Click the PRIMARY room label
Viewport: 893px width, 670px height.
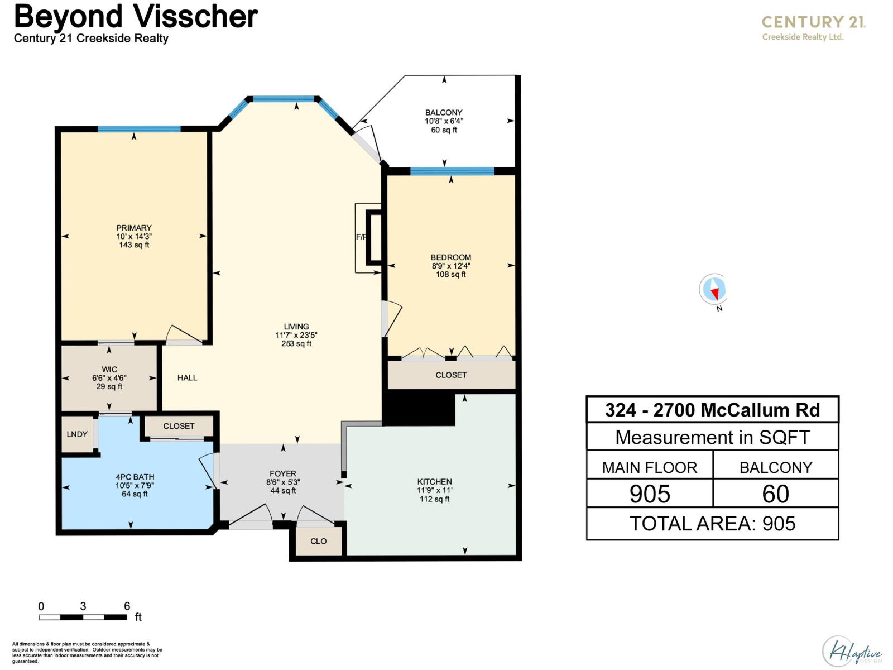[x=133, y=228]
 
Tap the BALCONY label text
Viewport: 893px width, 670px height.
[x=444, y=112]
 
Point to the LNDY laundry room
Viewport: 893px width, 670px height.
[x=77, y=434]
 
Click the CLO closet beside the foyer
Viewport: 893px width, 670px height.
[x=318, y=541]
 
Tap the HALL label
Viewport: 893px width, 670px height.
[x=187, y=377]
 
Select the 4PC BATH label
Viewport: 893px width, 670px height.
[x=135, y=477]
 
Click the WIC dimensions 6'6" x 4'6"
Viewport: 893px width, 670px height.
[x=109, y=378]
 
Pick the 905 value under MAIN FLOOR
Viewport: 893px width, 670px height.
[x=650, y=494]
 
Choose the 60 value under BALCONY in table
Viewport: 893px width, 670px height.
[x=775, y=494]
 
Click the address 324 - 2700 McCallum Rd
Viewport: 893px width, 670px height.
[x=712, y=410]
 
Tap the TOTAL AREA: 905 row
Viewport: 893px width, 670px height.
[x=712, y=524]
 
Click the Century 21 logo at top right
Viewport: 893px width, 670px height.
[x=813, y=27]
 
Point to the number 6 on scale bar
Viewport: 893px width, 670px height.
[x=127, y=606]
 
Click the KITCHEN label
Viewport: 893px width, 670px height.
[x=434, y=481]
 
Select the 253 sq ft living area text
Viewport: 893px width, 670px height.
[x=296, y=344]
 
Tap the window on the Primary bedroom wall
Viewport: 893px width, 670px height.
[x=139, y=129]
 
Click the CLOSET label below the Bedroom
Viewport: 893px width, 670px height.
[x=451, y=375]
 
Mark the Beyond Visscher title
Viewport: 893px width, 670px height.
[x=136, y=17]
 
